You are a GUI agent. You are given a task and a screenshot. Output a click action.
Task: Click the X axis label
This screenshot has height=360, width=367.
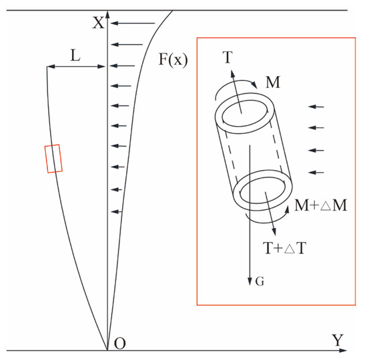(x=98, y=23)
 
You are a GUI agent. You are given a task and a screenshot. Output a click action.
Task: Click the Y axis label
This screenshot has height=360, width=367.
(x=338, y=340)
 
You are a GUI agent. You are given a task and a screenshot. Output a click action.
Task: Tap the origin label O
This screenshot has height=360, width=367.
(x=120, y=343)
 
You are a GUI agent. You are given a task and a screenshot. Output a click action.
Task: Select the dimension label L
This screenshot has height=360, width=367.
(x=75, y=56)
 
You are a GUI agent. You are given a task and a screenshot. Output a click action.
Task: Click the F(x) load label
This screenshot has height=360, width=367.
(x=173, y=59)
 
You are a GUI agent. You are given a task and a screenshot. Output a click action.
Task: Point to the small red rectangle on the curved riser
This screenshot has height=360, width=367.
(x=53, y=159)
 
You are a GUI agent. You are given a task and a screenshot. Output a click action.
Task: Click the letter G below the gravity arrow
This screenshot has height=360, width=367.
(x=260, y=281)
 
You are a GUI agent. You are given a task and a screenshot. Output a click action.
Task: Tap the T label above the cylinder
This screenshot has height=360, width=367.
(x=228, y=57)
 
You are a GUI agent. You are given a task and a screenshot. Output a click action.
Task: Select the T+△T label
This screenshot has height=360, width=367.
(x=285, y=248)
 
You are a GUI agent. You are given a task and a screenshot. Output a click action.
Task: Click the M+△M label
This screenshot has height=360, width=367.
(x=320, y=205)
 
